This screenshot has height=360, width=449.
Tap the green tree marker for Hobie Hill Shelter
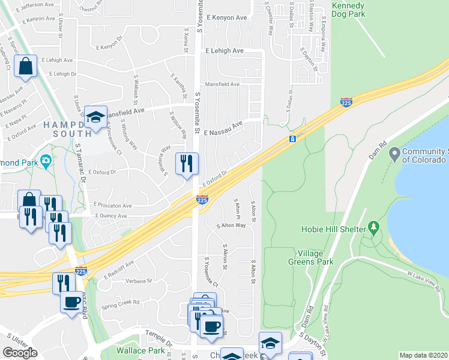(374, 229)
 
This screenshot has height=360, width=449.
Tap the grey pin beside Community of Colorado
(394, 155)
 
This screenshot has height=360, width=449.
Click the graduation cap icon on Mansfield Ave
(95, 118)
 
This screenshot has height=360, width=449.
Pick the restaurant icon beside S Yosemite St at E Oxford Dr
(186, 164)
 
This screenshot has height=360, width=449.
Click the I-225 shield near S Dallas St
(346, 103)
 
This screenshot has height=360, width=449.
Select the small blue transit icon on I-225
(292, 139)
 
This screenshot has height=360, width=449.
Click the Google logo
(20, 353)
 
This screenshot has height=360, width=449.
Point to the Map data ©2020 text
(423, 355)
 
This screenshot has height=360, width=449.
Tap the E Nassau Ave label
(223, 128)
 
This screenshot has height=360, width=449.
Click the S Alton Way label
(231, 226)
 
